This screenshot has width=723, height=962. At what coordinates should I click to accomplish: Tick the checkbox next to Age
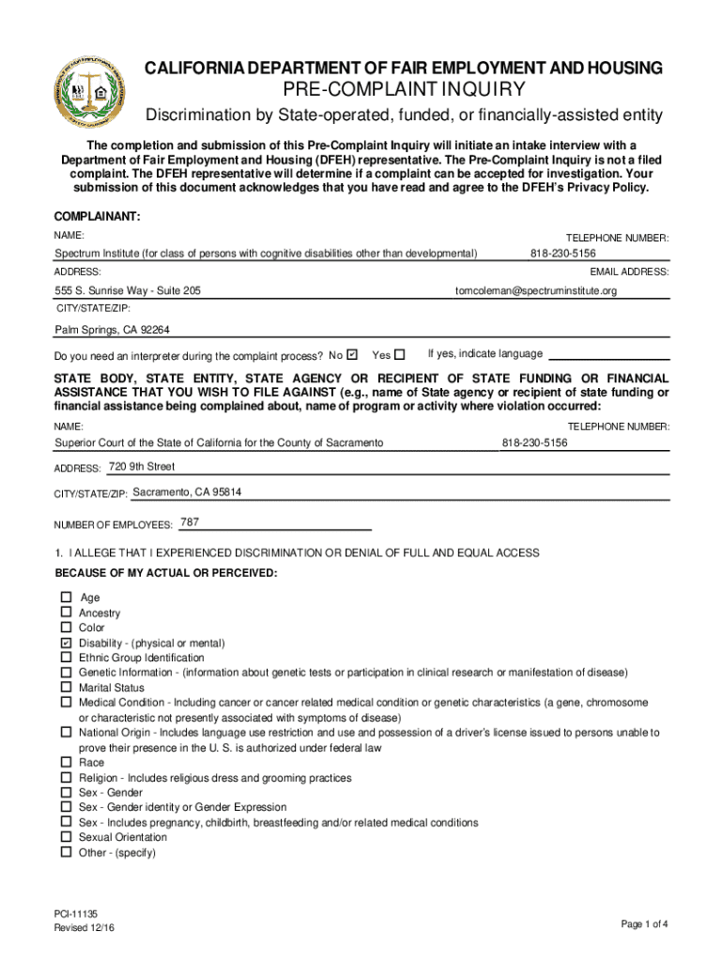tap(67, 597)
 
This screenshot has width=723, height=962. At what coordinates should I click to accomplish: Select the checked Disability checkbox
tap(67, 643)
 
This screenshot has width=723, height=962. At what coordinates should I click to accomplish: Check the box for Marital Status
tap(67, 688)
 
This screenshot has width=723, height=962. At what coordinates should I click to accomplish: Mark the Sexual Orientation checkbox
tap(67, 837)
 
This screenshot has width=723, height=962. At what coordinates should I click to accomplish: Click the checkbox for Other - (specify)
tap(67, 852)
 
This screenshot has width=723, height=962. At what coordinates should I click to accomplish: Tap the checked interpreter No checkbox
tap(352, 355)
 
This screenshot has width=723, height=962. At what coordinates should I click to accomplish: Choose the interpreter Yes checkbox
tap(400, 355)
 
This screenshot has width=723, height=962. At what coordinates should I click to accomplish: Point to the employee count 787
tap(189, 522)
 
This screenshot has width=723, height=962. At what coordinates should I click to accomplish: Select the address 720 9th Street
tap(142, 467)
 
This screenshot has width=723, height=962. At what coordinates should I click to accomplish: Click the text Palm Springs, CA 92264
tap(112, 330)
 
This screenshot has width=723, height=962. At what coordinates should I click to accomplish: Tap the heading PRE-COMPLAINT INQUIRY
tap(404, 90)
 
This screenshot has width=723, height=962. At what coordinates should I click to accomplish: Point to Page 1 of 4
tap(645, 924)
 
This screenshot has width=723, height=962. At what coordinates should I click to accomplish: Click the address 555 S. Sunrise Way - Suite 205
tap(128, 291)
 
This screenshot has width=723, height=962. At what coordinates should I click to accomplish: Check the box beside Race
tap(67, 763)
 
